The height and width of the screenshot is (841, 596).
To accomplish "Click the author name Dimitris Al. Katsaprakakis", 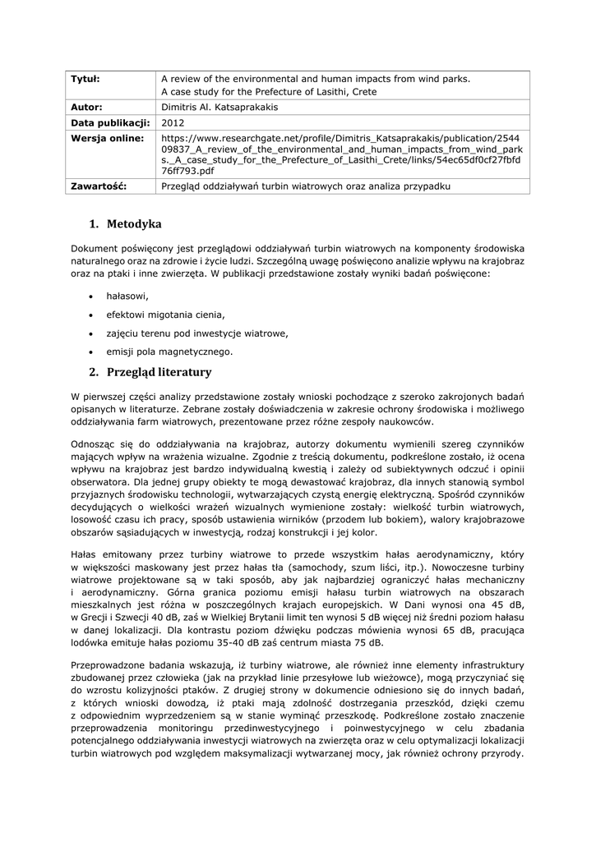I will point(219,107).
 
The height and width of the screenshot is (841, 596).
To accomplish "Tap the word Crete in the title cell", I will point(362,92).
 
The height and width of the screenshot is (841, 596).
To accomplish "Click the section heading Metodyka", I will point(134,224).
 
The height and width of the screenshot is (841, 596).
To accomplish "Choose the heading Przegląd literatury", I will point(159,372).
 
